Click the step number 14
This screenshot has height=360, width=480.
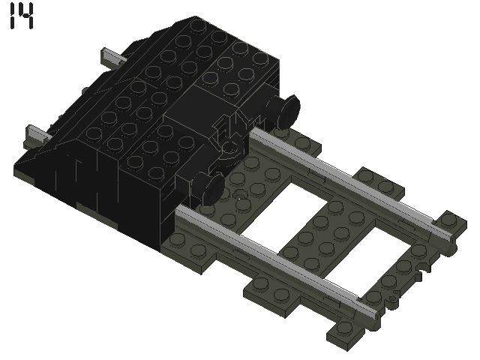pyautogui.click(x=22, y=16)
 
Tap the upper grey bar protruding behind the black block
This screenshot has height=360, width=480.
pyautogui.click(x=111, y=56)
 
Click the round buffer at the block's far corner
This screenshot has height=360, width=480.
pyautogui.click(x=287, y=110)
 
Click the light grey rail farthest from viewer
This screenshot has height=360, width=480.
pyautogui.click(x=352, y=180)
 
